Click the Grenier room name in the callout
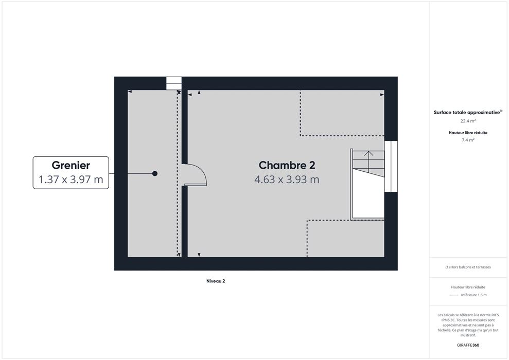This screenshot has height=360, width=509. [x=71, y=166]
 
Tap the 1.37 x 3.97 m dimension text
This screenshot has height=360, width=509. [x=71, y=179]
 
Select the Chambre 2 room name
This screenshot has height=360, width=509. [x=287, y=166]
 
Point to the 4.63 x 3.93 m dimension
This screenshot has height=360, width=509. [x=287, y=179]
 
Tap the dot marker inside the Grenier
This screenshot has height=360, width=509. [x=155, y=173]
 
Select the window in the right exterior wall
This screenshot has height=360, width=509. [x=391, y=167]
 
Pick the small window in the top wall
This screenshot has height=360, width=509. [x=174, y=83]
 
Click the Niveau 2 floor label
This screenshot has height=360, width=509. [x=216, y=281]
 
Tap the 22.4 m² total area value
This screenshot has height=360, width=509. [x=468, y=121]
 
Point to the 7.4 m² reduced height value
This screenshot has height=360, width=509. [x=468, y=140]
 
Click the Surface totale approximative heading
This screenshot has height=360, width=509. [x=468, y=112]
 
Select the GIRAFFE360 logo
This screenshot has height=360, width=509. [x=468, y=345]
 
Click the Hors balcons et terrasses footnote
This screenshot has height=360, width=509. [x=468, y=267]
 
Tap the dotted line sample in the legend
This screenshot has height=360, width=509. [x=453, y=295]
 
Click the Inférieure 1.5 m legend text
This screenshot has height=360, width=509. [x=473, y=295]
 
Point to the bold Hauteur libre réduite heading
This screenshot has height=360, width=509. [x=468, y=133]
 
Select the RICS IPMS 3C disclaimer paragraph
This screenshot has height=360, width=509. [x=468, y=325]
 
